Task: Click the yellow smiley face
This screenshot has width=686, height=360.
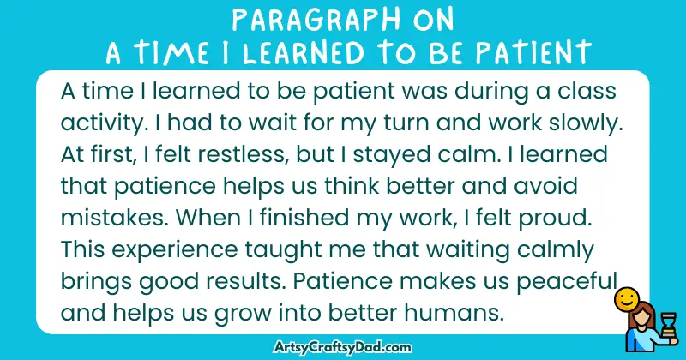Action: [627, 300]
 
